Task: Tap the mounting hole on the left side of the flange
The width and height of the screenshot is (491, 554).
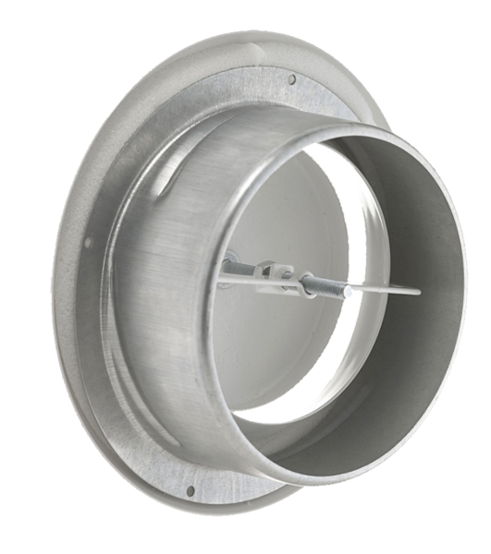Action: click(x=90, y=243)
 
